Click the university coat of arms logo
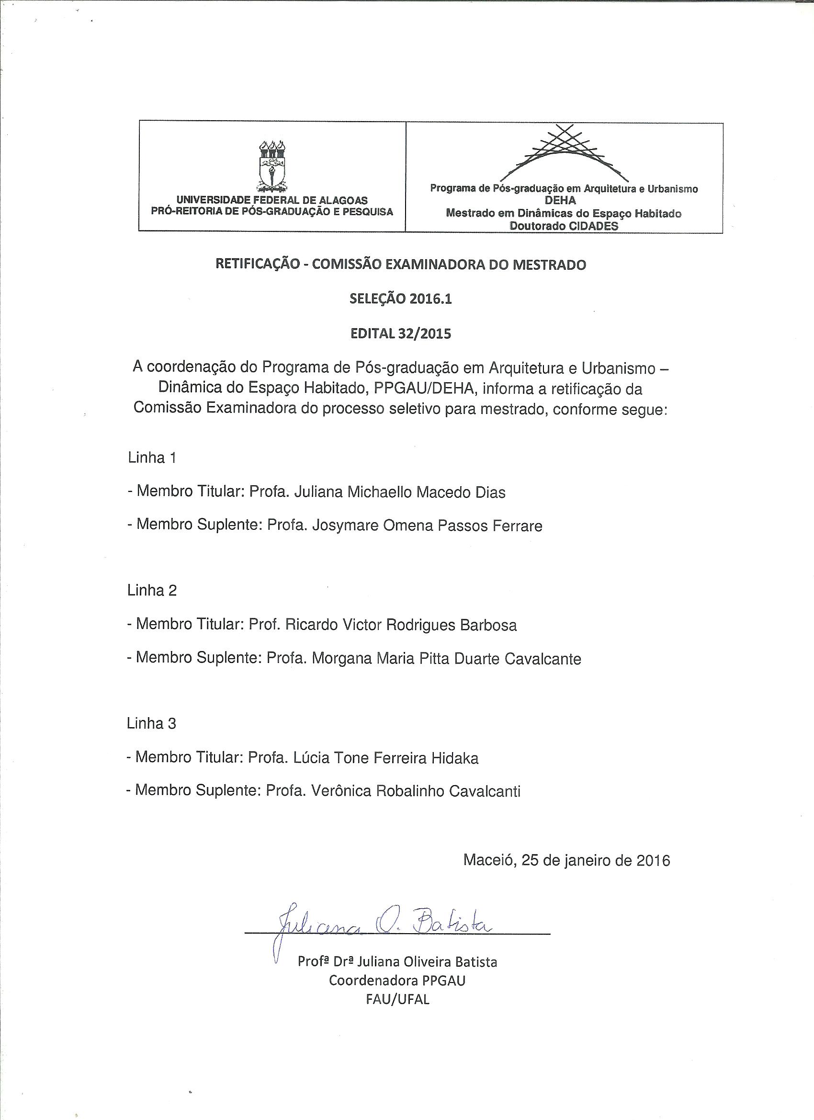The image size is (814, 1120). point(272,166)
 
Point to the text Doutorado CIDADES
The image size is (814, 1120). point(563,226)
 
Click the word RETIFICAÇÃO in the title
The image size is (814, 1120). point(256,265)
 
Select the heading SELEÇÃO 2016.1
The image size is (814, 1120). point(400,299)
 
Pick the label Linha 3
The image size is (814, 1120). point(151,723)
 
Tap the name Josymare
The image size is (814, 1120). point(346,526)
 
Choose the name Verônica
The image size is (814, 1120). point(341,791)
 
